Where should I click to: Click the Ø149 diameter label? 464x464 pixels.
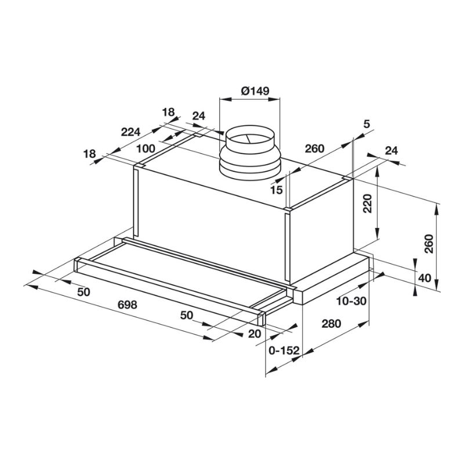[x=255, y=90]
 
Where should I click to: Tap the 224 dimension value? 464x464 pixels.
[x=130, y=132]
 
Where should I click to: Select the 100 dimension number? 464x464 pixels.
[x=146, y=148]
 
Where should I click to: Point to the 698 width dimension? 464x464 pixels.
[x=127, y=304]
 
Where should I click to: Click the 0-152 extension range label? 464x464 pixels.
[x=284, y=351]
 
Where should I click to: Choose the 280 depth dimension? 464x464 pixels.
[x=331, y=324]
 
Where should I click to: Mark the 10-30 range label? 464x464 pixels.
[x=351, y=301]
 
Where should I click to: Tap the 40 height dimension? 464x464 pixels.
[x=425, y=278]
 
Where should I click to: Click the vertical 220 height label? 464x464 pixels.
[x=367, y=204]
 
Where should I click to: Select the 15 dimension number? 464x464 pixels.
[x=277, y=190]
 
